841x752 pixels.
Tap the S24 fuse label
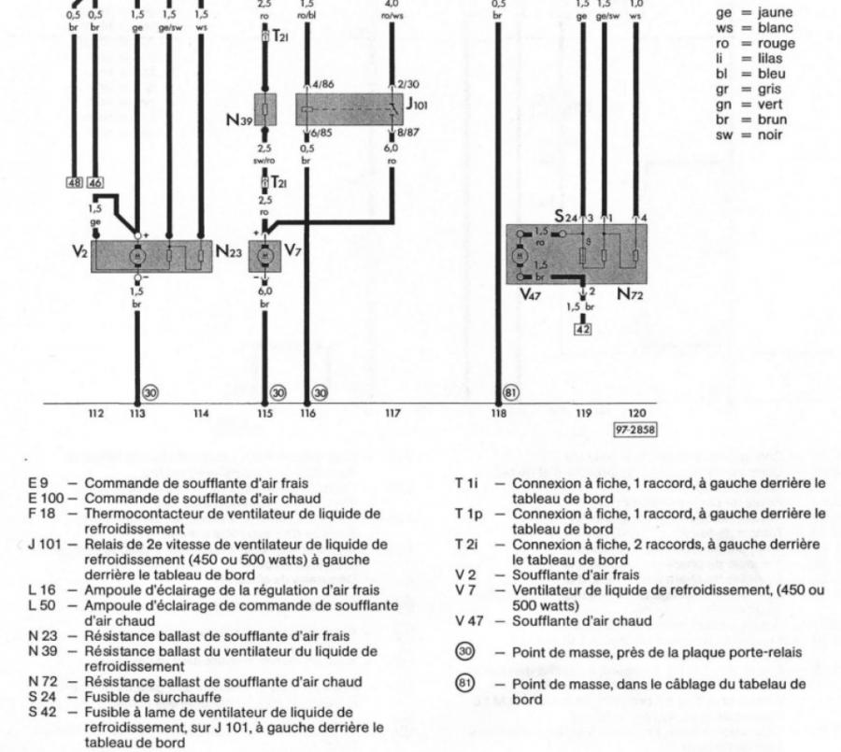tap(563, 217)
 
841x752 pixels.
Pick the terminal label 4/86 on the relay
tap(324, 85)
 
